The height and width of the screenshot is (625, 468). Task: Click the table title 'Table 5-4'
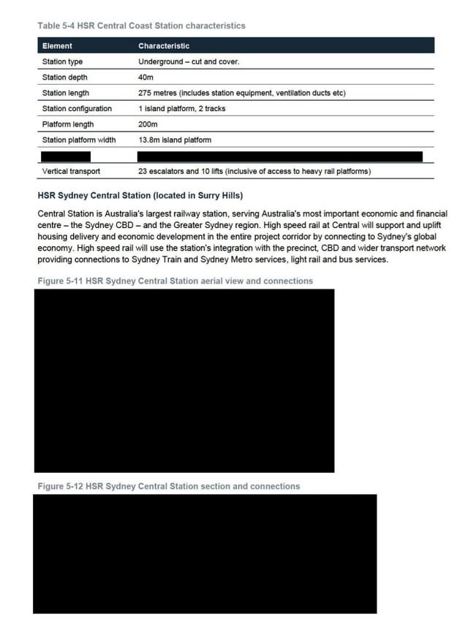click(x=141, y=26)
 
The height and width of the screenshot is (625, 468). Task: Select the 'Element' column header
click(x=57, y=46)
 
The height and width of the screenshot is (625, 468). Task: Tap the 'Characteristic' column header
click(x=164, y=46)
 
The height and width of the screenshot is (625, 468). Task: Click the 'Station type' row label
click(x=63, y=61)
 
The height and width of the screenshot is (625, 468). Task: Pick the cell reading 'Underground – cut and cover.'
click(x=189, y=61)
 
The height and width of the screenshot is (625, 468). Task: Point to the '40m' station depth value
click(x=146, y=77)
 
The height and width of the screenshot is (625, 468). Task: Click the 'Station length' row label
click(x=66, y=93)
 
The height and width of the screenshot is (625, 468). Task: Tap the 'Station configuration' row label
click(x=77, y=108)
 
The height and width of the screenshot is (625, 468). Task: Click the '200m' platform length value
click(x=148, y=124)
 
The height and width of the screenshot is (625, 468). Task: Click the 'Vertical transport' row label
click(x=71, y=171)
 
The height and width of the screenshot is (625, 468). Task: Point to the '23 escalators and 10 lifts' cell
click(x=254, y=171)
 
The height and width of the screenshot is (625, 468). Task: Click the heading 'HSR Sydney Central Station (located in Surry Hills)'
click(x=140, y=195)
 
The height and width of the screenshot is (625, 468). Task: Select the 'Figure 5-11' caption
click(x=175, y=281)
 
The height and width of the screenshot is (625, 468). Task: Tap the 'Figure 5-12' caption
click(x=168, y=486)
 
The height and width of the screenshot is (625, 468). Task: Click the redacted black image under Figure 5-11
click(x=184, y=380)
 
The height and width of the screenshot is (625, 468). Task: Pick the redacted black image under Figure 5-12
click(x=205, y=553)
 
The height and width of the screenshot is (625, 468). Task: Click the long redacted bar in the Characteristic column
click(x=280, y=156)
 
